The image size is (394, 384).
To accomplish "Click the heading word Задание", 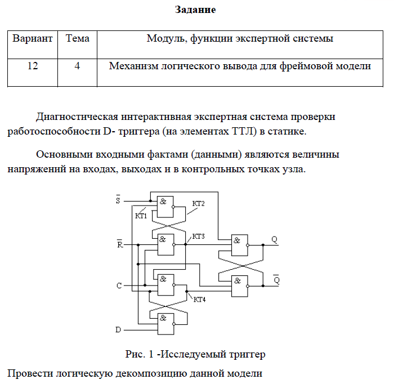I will tap(195, 10).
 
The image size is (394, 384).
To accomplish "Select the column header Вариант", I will tap(33, 39).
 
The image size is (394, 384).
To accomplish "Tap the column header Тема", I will tap(77, 39).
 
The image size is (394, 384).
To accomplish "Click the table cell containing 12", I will tap(33, 66).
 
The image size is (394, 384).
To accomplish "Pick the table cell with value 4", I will tap(77, 66).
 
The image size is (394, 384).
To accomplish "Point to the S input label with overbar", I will tap(118, 200).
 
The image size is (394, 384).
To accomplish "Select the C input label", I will tap(119, 285).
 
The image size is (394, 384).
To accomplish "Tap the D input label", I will tap(118, 329).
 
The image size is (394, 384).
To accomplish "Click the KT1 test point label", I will tap(141, 216).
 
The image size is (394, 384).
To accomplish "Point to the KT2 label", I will tap(198, 203).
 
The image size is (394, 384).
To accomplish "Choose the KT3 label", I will tap(198, 236).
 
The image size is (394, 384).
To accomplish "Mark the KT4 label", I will tap(199, 300).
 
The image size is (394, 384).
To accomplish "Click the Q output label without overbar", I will tap(275, 239).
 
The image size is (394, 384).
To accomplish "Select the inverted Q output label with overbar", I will tap(276, 279).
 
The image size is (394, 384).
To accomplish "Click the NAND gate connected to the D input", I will tap(165, 320).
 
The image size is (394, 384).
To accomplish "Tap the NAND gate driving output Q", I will tap(239, 245).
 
